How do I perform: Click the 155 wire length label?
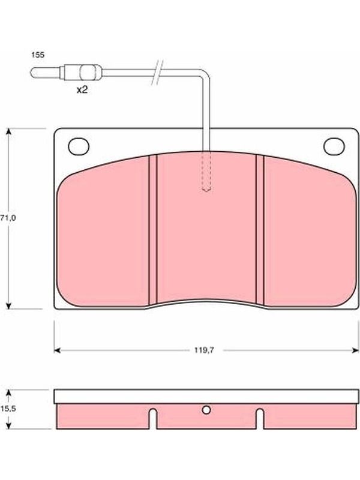click(x=38, y=55)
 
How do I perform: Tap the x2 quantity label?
click(x=82, y=89)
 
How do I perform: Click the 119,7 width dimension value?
click(x=204, y=350)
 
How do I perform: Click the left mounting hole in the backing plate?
click(x=79, y=146)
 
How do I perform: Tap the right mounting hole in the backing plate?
click(x=334, y=146)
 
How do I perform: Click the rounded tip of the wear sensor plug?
click(x=32, y=73)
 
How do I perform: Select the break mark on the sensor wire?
click(x=157, y=73)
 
